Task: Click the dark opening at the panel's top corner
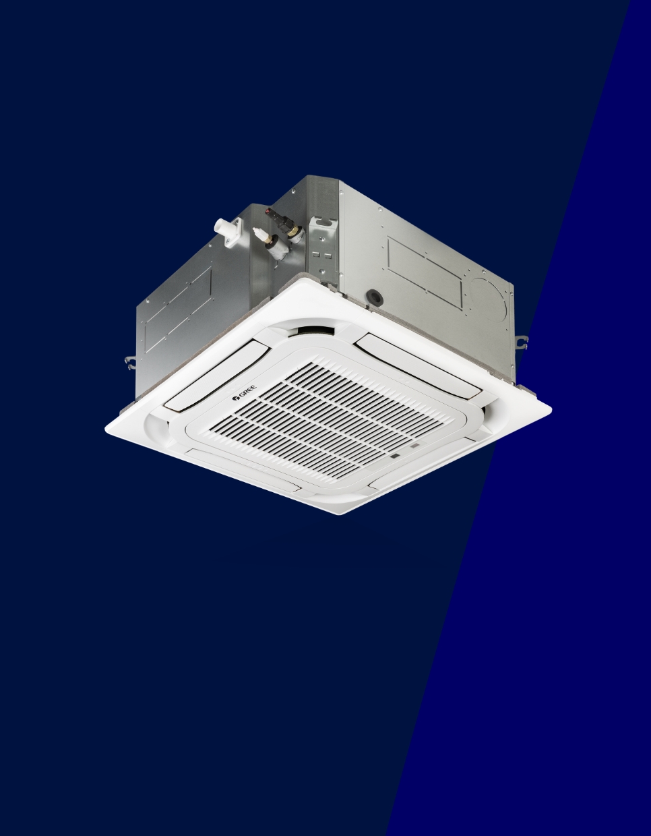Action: tap(311, 330)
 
